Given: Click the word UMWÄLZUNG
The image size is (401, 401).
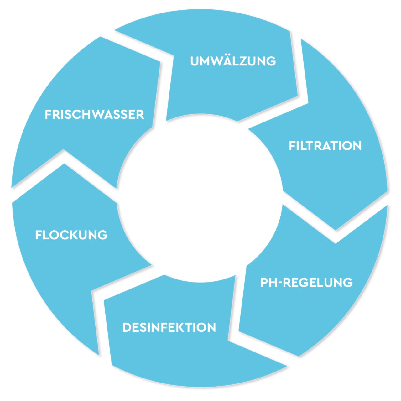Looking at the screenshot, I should [233, 61].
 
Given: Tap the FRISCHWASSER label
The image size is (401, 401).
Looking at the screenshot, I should [94, 114].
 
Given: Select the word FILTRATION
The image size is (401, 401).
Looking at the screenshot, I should [325, 146].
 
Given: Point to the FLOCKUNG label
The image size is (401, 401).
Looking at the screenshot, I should [71, 235].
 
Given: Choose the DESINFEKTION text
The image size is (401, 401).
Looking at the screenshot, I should [169, 327].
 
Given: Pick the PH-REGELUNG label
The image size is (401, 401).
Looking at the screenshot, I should [306, 283].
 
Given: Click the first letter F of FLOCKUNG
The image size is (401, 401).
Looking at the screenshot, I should [38, 235].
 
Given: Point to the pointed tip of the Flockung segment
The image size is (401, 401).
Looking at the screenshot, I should [64, 164].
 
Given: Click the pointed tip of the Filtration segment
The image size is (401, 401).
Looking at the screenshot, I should [336, 230].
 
